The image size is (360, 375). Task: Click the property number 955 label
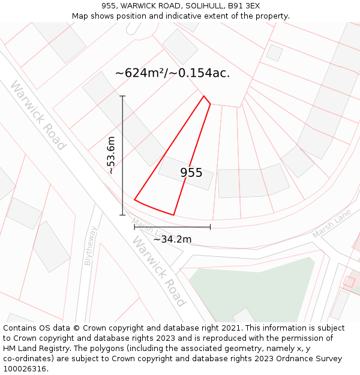point(191,173)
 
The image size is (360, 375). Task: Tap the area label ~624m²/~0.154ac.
point(172,73)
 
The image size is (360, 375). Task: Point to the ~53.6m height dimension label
point(111,155)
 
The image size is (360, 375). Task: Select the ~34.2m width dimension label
point(172,239)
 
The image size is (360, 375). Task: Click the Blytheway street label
point(91,245)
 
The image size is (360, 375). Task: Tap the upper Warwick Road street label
point(38,115)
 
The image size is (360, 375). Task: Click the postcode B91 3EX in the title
point(244,6)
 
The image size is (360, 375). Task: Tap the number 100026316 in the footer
point(25,369)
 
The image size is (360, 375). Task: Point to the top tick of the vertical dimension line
point(122,96)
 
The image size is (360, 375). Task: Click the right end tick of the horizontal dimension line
point(210,227)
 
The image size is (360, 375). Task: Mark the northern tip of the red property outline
point(204,96)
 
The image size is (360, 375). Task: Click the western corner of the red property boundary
point(134,200)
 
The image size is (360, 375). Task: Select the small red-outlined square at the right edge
point(349,281)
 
